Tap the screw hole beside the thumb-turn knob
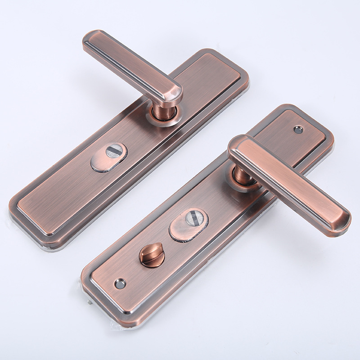[120, 283]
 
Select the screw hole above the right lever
[298, 130]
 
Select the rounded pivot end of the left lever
[173, 92]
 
